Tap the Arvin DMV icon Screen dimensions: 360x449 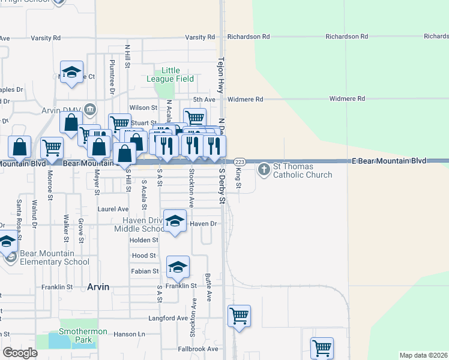(x=90, y=109)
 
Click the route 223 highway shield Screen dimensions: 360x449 (x=240, y=163)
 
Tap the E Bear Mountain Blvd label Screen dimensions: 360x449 (x=389, y=161)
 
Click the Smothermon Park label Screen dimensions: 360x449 (x=83, y=335)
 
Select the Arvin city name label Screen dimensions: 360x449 (x=98, y=287)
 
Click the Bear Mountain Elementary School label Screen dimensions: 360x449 (x=55, y=257)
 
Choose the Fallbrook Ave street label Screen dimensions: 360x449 (x=198, y=349)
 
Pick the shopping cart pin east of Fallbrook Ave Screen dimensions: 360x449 (x=322, y=347)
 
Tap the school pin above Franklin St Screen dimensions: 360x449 (x=178, y=266)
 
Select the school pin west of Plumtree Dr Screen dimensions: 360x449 (x=71, y=72)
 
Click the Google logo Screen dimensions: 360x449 (x=20, y=353)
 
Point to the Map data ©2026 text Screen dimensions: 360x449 (x=423, y=355)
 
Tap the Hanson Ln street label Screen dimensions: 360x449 (x=130, y=334)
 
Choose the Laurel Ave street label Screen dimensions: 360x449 (x=113, y=209)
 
